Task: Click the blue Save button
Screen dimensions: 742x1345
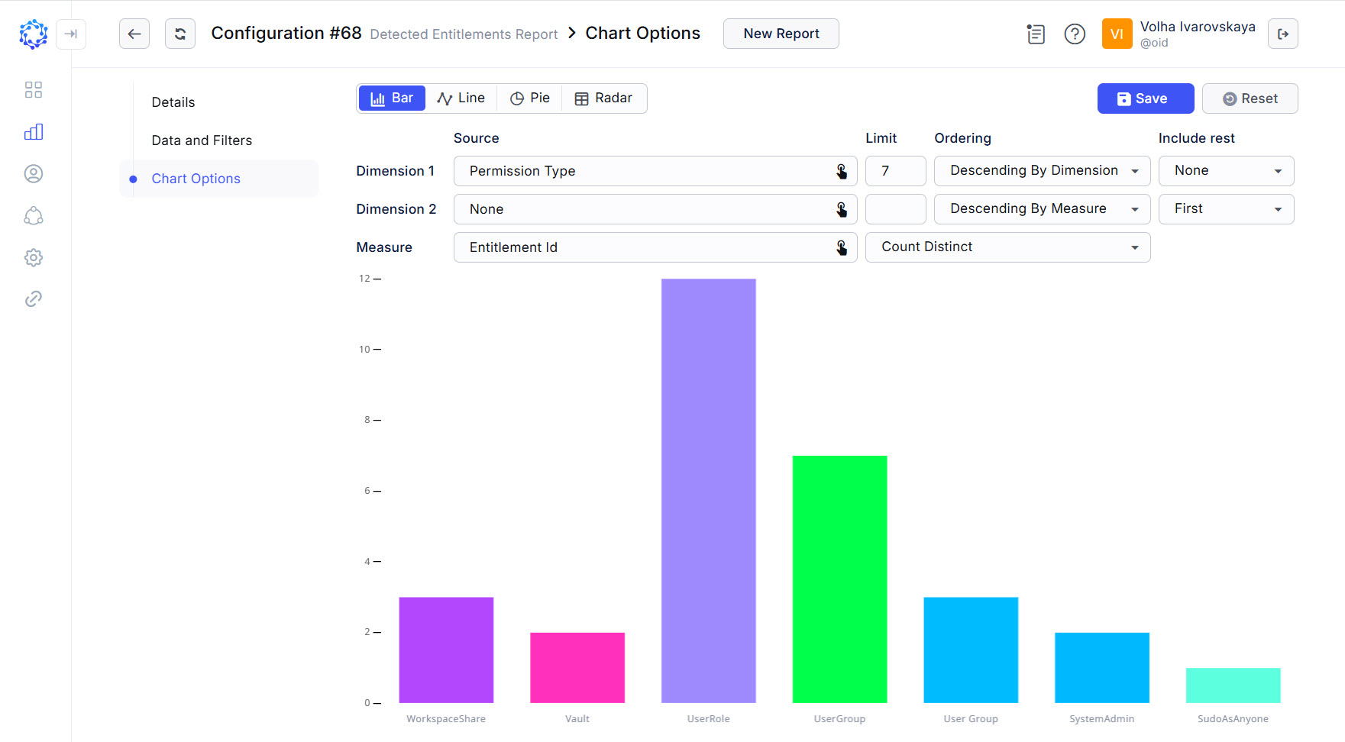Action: coord(1145,98)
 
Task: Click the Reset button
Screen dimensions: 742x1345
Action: coord(1250,98)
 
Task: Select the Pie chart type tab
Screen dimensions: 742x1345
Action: coord(529,98)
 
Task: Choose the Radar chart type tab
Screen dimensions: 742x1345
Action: coord(603,98)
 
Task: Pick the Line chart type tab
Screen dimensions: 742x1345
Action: coord(461,98)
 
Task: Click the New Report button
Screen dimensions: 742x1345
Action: coord(781,34)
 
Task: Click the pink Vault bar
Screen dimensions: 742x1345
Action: coord(577,667)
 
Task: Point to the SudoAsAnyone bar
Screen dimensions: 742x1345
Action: coord(1233,685)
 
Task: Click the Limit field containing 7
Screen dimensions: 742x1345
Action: coord(895,171)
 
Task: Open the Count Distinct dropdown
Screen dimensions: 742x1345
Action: coord(1007,247)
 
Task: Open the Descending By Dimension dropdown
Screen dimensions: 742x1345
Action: coord(1042,171)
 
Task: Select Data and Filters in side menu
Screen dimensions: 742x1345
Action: coord(202,140)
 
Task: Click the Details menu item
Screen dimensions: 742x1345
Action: coord(173,102)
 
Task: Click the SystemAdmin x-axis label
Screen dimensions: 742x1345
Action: coord(1101,718)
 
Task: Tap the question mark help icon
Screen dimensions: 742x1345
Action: coord(1075,34)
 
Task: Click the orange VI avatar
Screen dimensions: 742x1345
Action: coord(1117,34)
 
